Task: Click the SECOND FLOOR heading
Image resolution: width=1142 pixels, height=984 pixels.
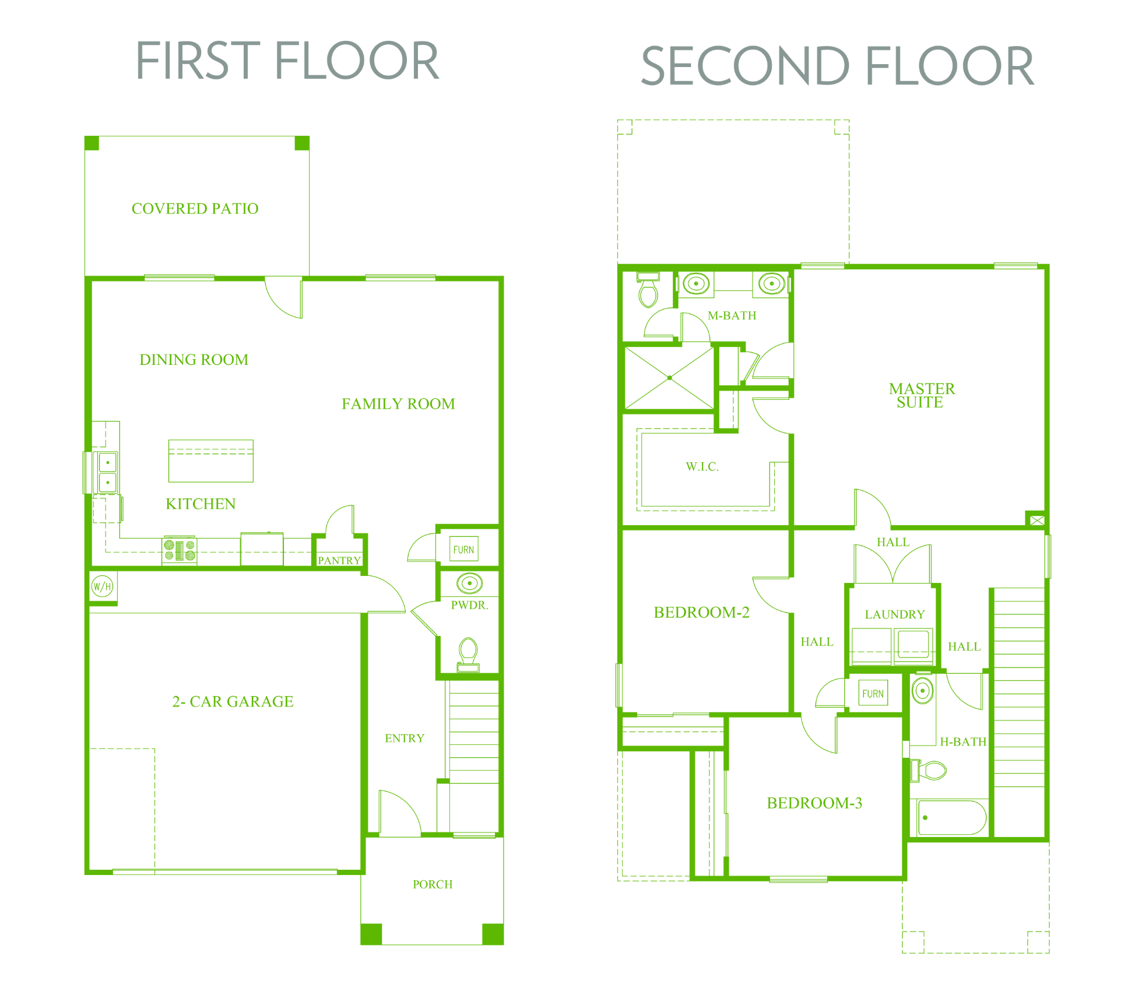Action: click(837, 66)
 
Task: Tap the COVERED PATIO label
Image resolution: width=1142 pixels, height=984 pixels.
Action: click(195, 209)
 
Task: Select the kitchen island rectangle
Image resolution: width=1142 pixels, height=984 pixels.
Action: click(211, 461)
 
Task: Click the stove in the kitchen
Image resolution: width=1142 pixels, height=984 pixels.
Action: click(179, 550)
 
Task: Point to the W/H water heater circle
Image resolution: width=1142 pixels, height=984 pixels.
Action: click(103, 586)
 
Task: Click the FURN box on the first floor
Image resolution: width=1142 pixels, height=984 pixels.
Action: click(464, 549)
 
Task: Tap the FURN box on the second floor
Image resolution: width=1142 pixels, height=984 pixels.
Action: click(873, 693)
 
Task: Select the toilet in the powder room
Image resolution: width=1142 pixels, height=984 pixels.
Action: click(468, 654)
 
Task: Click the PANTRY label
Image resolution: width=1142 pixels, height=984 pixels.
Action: click(339, 560)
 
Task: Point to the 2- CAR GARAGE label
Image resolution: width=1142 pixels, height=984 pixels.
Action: click(233, 701)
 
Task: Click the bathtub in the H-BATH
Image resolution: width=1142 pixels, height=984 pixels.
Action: click(951, 817)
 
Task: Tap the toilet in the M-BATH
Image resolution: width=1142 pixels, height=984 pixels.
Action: click(648, 290)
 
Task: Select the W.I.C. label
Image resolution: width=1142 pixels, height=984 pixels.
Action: click(702, 466)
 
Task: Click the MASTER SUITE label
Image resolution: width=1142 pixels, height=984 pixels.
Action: click(922, 395)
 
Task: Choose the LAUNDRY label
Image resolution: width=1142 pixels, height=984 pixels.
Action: click(895, 614)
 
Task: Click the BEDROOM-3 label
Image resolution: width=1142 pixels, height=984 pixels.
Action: click(814, 803)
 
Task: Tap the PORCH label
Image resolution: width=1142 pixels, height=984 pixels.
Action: click(433, 884)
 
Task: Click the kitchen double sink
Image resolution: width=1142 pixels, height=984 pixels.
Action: click(107, 472)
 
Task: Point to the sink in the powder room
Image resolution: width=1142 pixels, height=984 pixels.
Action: click(469, 583)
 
